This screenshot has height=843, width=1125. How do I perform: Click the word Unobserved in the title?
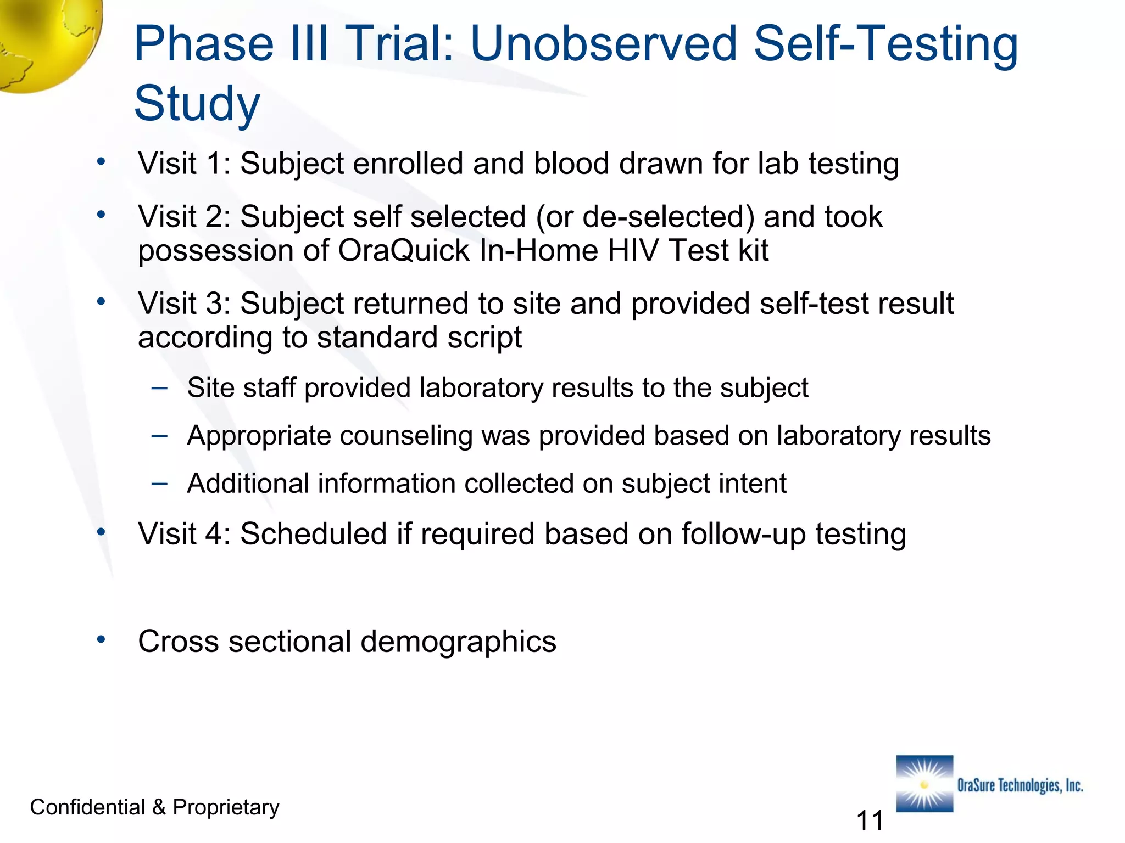(603, 44)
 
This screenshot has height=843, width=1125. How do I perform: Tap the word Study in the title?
(197, 104)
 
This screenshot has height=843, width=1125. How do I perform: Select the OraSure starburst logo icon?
(924, 784)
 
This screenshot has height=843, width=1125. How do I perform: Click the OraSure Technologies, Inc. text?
(1020, 785)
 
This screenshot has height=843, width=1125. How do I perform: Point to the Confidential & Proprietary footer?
(154, 807)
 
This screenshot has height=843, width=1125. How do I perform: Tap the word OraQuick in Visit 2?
(404, 251)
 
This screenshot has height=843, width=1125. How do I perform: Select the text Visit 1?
(184, 164)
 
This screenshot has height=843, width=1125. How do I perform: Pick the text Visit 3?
(184, 304)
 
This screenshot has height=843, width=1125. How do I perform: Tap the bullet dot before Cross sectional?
(101, 639)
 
